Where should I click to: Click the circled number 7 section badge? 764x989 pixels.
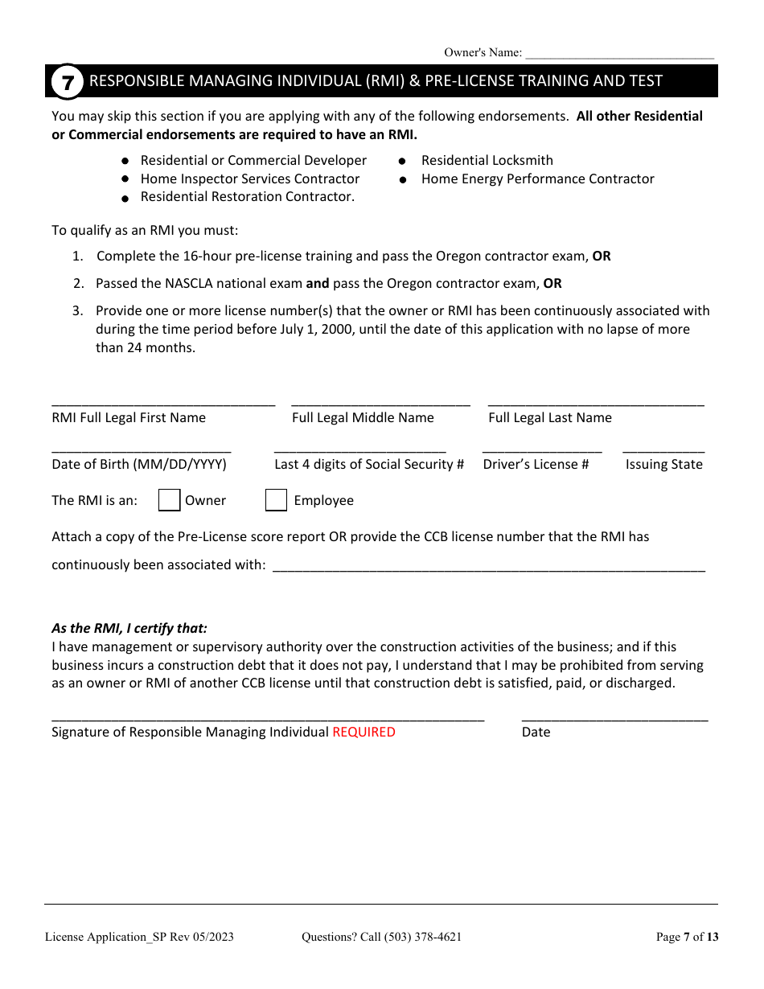pyautogui.click(x=67, y=82)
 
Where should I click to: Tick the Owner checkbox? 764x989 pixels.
pyautogui.click(x=169, y=500)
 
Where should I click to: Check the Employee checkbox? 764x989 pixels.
pyautogui.click(x=276, y=500)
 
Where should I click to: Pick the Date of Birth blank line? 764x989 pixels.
pyautogui.click(x=142, y=449)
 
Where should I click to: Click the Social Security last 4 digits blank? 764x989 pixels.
pyautogui.click(x=359, y=449)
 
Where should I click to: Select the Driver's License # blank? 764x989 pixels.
pyautogui.click(x=542, y=449)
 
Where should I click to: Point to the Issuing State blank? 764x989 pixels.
pyautogui.click(x=663, y=449)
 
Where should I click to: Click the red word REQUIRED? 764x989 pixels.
pyautogui.click(x=364, y=732)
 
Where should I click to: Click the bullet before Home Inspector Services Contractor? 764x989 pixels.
pyautogui.click(x=125, y=179)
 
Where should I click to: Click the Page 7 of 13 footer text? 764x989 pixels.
pyautogui.click(x=687, y=936)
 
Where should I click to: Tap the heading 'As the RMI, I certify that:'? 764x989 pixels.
pyautogui.click(x=129, y=629)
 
